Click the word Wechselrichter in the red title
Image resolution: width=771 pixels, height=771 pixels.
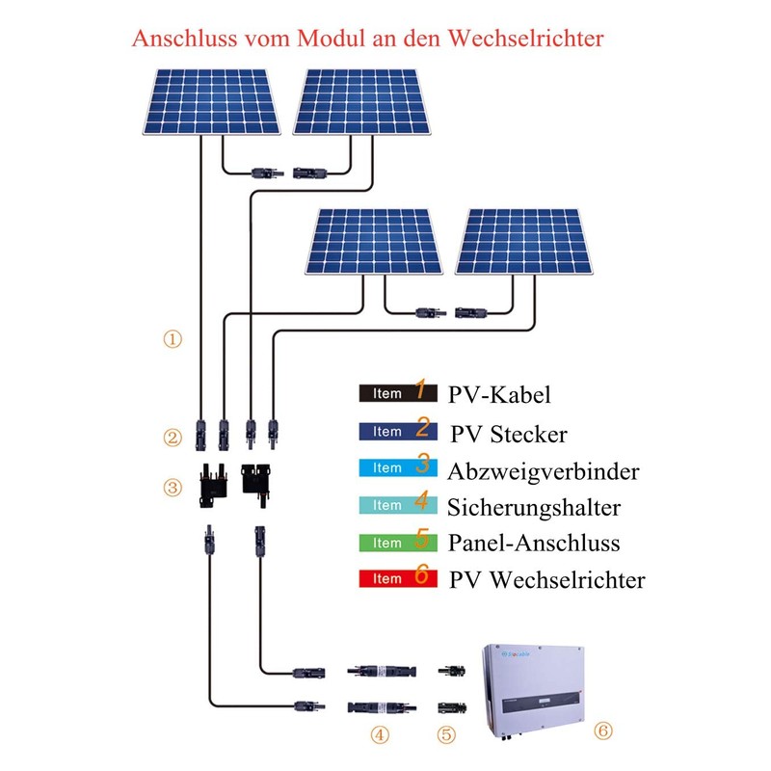click(x=521, y=40)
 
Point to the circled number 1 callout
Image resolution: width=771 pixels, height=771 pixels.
click(x=173, y=339)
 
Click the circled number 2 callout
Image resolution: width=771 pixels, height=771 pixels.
click(x=173, y=439)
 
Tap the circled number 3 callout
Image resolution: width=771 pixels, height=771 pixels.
click(x=173, y=487)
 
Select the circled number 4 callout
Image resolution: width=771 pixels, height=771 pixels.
click(x=381, y=734)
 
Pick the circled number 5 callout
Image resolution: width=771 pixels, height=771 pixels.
click(x=445, y=734)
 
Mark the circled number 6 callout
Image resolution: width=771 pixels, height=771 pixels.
click(x=603, y=731)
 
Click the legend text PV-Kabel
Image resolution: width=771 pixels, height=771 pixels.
click(x=500, y=394)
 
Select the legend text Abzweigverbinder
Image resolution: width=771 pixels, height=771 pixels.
click(x=543, y=470)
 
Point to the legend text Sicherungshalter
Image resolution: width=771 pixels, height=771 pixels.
click(x=534, y=507)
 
